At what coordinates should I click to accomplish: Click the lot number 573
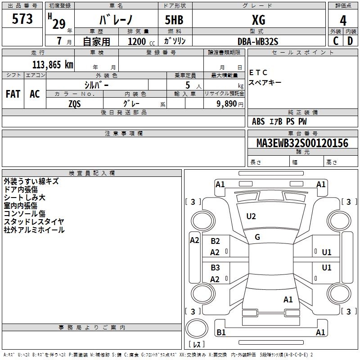(x=22, y=19)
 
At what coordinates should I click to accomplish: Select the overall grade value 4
(x=343, y=20)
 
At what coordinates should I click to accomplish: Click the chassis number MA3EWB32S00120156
(x=302, y=143)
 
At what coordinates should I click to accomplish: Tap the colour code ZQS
(x=75, y=103)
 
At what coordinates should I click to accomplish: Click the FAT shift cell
(x=13, y=94)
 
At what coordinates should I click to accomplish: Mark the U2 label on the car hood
(x=251, y=216)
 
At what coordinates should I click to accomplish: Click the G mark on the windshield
(x=257, y=237)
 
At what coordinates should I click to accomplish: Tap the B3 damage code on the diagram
(x=215, y=268)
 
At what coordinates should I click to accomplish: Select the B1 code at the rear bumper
(x=221, y=333)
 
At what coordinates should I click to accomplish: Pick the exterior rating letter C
(x=336, y=40)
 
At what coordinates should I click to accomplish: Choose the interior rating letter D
(x=350, y=40)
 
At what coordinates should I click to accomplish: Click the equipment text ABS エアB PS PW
(x=279, y=121)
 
